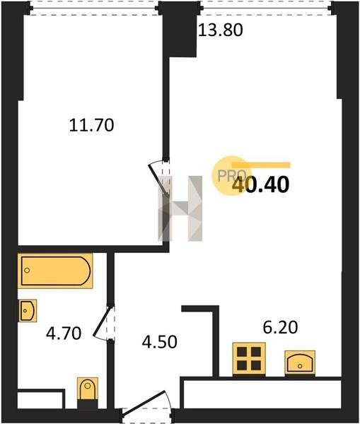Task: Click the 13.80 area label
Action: pos(221,30)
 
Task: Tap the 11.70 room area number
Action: pos(91,126)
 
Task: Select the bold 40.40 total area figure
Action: pos(261,185)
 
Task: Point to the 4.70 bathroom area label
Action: pos(64,333)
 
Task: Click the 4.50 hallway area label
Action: pos(159,341)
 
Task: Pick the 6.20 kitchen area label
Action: pos(280,327)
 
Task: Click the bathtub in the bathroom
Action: pos(55,271)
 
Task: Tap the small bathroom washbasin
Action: pos(28,311)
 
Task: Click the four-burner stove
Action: pos(249,359)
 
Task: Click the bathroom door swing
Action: pos(103,322)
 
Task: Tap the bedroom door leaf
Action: pos(158,179)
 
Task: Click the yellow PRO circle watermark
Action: pos(231,176)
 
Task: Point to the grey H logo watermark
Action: pos(180,208)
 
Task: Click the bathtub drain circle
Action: pos(27,270)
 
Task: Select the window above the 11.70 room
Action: pos(93,8)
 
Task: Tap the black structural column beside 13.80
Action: pos(180,29)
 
